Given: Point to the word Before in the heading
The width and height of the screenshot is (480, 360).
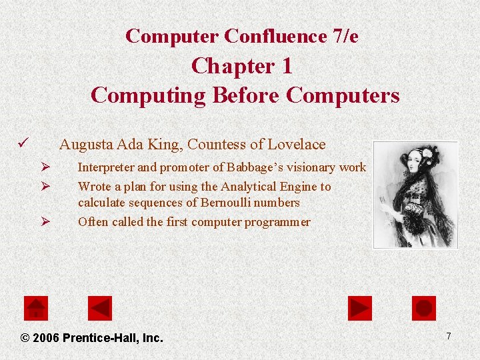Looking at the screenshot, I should click(x=246, y=95).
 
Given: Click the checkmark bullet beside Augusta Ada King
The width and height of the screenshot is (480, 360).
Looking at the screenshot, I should click(x=23, y=143).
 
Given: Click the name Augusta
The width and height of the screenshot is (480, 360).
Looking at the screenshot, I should click(x=86, y=144).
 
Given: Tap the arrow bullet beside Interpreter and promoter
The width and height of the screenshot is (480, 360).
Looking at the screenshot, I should click(x=45, y=167).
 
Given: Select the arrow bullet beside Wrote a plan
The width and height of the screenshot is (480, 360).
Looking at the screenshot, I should click(x=45, y=187).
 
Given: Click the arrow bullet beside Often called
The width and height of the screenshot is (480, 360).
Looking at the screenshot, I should click(x=45, y=221).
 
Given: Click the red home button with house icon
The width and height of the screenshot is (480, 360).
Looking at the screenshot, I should click(x=36, y=308).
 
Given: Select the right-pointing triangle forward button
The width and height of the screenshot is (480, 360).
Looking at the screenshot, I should click(x=360, y=308).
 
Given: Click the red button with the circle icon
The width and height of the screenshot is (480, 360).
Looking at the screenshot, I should click(x=424, y=308).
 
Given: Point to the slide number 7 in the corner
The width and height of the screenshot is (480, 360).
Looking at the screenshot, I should click(x=449, y=336).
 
